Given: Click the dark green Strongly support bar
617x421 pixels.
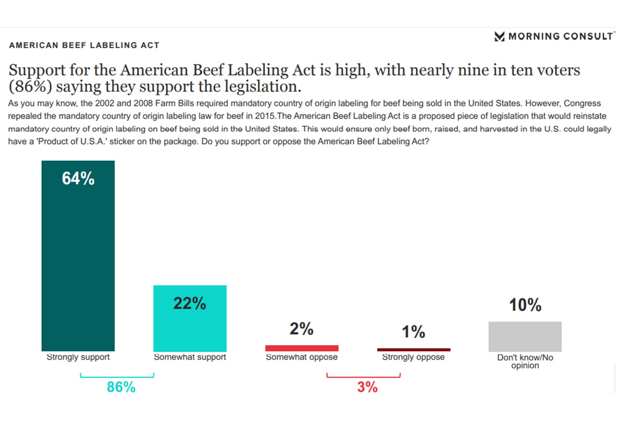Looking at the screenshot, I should (78, 262).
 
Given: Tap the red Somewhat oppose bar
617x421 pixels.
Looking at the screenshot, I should (301, 348).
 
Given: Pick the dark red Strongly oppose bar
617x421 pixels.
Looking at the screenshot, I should (414, 350).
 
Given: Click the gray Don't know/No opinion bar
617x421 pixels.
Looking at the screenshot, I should (525, 336).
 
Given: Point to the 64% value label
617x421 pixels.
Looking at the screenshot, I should (78, 178).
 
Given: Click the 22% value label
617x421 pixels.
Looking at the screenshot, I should (190, 303).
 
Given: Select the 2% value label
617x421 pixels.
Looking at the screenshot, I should (301, 329).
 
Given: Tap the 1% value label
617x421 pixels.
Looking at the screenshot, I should (413, 332).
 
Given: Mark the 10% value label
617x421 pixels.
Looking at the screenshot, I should (525, 305).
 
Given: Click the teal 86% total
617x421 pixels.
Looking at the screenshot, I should (121, 387).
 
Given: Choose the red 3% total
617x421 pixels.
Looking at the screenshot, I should (367, 387).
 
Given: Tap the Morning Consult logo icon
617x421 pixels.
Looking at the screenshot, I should (499, 36).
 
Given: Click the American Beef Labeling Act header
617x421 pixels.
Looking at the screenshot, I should (84, 45).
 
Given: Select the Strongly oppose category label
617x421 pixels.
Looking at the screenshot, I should (413, 357).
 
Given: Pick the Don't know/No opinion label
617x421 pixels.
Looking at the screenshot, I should (525, 361).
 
